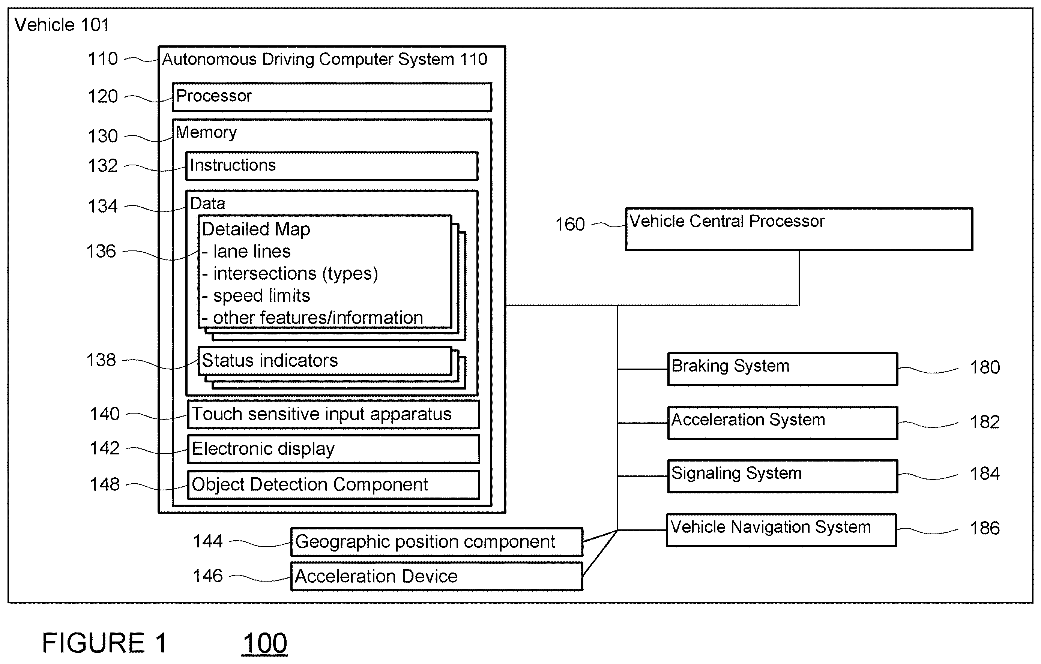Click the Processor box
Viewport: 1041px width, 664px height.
coord(332,97)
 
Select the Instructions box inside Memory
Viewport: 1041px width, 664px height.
coord(332,166)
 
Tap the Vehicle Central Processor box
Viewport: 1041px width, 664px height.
coord(799,229)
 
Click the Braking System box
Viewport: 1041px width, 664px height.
coord(783,369)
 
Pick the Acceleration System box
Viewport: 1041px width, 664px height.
coord(783,423)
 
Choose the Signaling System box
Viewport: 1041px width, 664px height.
coord(783,476)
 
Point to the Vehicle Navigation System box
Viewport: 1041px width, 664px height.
coord(781,530)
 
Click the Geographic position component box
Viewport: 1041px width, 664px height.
coord(437,542)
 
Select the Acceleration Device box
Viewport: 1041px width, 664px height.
coord(437,576)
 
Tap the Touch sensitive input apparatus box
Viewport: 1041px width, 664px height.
coord(333,414)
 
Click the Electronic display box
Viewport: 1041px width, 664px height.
coord(333,449)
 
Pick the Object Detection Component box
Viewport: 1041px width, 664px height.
coord(333,485)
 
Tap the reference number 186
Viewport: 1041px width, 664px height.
coord(985,528)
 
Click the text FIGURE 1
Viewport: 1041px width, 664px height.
coord(104,643)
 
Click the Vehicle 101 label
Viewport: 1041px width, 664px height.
coord(62,25)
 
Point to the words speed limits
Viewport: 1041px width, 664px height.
coord(261,296)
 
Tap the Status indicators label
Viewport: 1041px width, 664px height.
coord(270,360)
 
